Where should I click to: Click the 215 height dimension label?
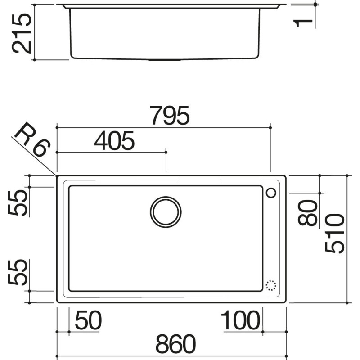[x=22, y=33]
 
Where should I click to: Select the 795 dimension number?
[x=170, y=117]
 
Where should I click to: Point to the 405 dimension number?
[x=114, y=142]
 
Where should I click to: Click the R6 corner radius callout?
[x=31, y=140]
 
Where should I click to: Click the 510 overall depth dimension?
[x=335, y=234]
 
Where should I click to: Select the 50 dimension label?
[x=89, y=321]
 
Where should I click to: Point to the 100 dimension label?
[x=241, y=321]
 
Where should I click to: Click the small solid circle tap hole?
[x=271, y=193]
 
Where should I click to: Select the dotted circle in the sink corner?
[x=271, y=285]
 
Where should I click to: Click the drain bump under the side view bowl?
[x=165, y=59]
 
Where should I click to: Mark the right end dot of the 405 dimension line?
[x=166, y=153]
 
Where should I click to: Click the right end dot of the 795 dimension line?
[x=270, y=128]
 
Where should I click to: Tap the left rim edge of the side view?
[x=65, y=6]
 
